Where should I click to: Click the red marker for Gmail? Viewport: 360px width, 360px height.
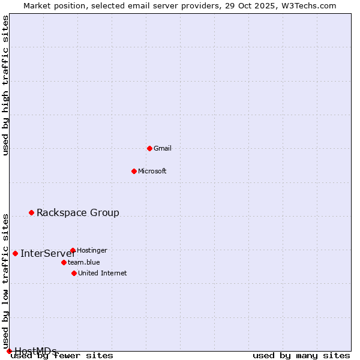[149, 148]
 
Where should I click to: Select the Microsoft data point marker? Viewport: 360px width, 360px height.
[134, 171]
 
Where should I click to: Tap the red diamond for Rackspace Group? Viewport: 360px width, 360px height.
[31, 212]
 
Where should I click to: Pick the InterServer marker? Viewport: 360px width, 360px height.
[15, 253]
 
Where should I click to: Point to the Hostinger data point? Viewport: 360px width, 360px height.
[73, 250]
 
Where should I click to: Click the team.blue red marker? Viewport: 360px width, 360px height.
[64, 262]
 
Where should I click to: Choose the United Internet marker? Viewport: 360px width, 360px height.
[74, 273]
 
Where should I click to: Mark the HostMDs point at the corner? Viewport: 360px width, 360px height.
[9, 351]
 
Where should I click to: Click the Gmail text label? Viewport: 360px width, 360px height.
[163, 148]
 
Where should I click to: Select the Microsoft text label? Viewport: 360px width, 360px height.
[152, 171]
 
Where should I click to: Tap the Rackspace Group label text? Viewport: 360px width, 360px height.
[78, 212]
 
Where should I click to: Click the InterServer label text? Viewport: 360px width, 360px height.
[47, 253]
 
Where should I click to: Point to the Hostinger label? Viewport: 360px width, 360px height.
[92, 250]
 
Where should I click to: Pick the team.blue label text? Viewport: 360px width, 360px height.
[84, 262]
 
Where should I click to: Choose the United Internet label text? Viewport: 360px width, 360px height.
[103, 273]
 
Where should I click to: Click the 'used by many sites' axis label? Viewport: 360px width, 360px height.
[301, 356]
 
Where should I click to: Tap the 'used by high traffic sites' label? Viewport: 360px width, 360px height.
[5, 85]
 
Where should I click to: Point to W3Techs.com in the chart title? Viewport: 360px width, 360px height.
[308, 5]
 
